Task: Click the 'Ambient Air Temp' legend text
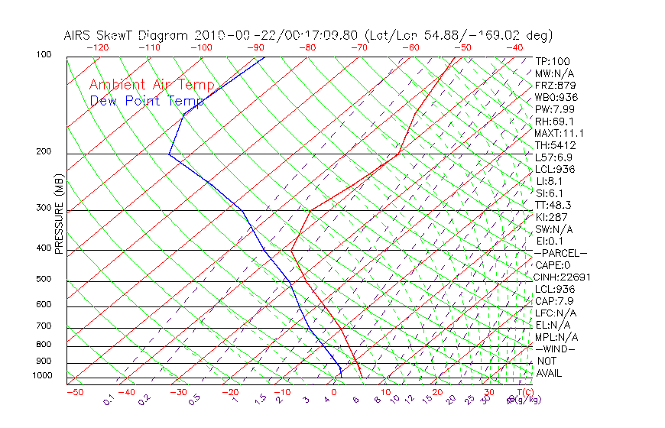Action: [x=151, y=85]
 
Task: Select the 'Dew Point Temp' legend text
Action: [x=147, y=101]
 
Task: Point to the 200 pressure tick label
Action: [x=44, y=151]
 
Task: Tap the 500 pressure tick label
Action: [x=44, y=280]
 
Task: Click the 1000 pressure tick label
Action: [x=41, y=376]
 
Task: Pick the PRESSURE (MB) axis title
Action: [x=59, y=214]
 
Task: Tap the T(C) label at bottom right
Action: [x=524, y=393]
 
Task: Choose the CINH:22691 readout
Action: [x=563, y=277]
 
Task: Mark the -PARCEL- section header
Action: [x=560, y=253]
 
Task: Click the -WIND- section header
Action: [x=556, y=349]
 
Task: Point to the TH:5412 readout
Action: [x=555, y=145]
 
